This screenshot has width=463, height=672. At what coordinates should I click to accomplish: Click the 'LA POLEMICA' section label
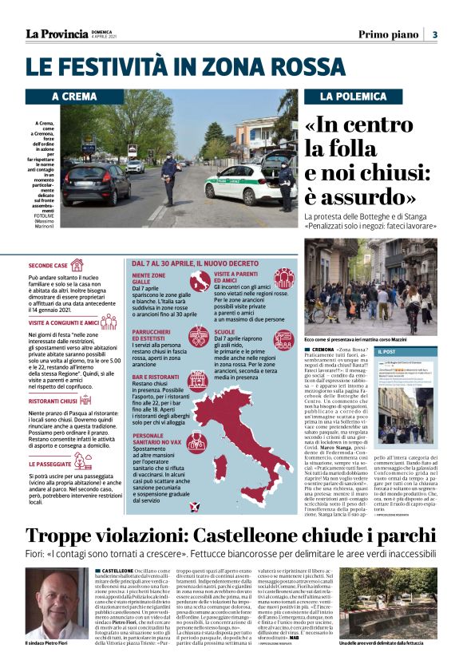[x=349, y=97]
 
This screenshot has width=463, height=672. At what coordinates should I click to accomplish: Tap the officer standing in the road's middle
[x=169, y=177]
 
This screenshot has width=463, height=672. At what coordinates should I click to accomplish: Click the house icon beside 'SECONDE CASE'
[x=77, y=265]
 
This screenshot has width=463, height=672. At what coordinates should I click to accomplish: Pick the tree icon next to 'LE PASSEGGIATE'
[x=82, y=461]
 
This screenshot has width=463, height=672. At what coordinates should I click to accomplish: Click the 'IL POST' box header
[x=386, y=351]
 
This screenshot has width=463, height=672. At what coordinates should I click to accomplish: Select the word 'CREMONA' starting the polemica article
[x=323, y=350]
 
